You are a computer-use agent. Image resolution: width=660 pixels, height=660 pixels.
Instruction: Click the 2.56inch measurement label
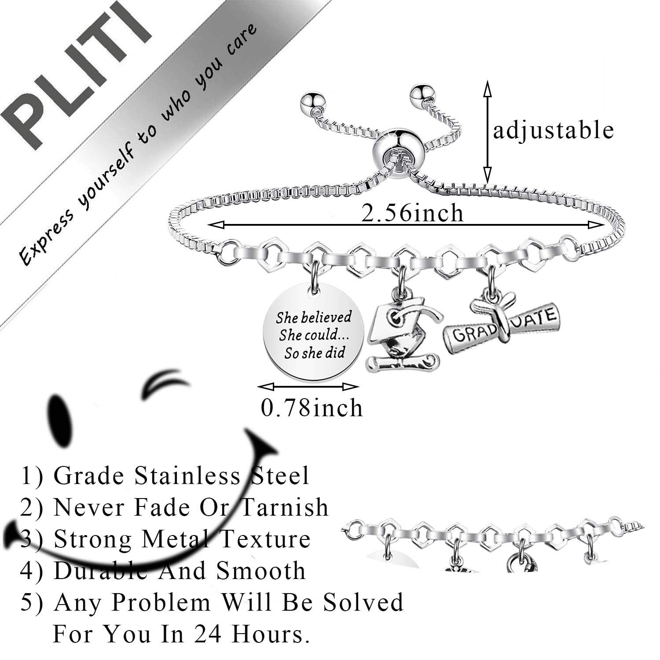[x=412, y=213]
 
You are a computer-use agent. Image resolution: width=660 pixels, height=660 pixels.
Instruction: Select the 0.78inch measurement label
[x=312, y=407]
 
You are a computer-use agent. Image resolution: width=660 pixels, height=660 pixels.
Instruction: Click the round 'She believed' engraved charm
[x=313, y=334]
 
